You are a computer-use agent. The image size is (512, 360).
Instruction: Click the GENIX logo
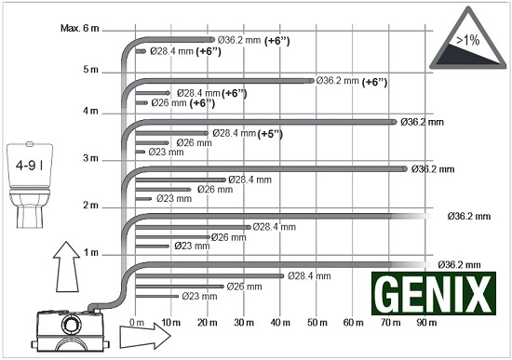point(434,293)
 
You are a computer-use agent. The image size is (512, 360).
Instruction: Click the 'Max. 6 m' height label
point(80,28)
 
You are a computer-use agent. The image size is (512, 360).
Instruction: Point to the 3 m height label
point(90,158)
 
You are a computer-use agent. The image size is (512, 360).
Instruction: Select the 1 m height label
point(91,252)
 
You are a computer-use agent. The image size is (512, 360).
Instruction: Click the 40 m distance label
point(280,323)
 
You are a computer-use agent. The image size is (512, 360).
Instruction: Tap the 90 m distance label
point(426,323)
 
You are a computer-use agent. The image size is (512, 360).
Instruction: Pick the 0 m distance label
point(137,323)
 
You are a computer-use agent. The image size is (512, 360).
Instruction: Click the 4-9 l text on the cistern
point(30,166)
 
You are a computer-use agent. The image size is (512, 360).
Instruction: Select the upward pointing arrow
point(67,267)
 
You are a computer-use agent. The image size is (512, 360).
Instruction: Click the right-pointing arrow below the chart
point(145,336)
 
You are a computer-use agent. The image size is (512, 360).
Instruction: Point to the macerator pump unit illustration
point(70,329)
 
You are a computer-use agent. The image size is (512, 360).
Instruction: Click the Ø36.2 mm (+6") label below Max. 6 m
point(254,41)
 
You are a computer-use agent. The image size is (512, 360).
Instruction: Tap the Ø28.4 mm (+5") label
point(248,134)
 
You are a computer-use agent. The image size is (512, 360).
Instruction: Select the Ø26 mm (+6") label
point(183,103)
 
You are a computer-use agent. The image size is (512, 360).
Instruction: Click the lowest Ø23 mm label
point(199,296)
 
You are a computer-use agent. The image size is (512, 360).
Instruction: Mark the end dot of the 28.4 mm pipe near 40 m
point(281,276)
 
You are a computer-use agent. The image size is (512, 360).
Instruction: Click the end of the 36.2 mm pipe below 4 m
point(394,122)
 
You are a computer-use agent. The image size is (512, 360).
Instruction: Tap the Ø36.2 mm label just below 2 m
point(469,216)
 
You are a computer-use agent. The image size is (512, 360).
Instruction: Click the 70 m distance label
point(391,323)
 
